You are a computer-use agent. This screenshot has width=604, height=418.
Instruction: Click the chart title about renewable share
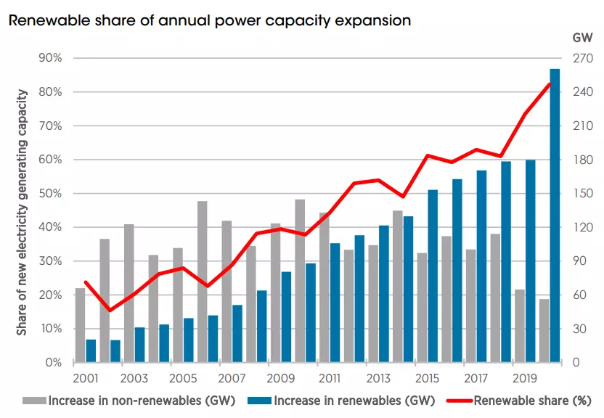click(209, 20)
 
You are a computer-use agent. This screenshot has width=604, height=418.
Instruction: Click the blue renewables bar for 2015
click(433, 276)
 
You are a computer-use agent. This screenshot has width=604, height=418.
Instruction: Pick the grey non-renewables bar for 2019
click(520, 326)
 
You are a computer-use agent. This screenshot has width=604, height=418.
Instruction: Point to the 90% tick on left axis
click(53, 58)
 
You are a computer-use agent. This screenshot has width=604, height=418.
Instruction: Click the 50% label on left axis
click(53, 194)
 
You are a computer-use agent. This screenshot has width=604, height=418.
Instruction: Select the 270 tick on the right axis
click(574, 58)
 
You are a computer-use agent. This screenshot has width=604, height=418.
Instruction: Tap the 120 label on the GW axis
click(574, 228)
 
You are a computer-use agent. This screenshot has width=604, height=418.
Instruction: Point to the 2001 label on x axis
click(86, 378)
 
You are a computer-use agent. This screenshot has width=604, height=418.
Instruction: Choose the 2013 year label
click(378, 378)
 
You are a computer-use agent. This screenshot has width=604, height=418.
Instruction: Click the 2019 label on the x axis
click(525, 378)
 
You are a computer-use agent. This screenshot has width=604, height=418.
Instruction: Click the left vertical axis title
click(23, 212)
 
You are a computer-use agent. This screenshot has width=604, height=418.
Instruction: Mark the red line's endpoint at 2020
click(550, 84)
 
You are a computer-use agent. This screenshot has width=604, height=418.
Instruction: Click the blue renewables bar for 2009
click(286, 317)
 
